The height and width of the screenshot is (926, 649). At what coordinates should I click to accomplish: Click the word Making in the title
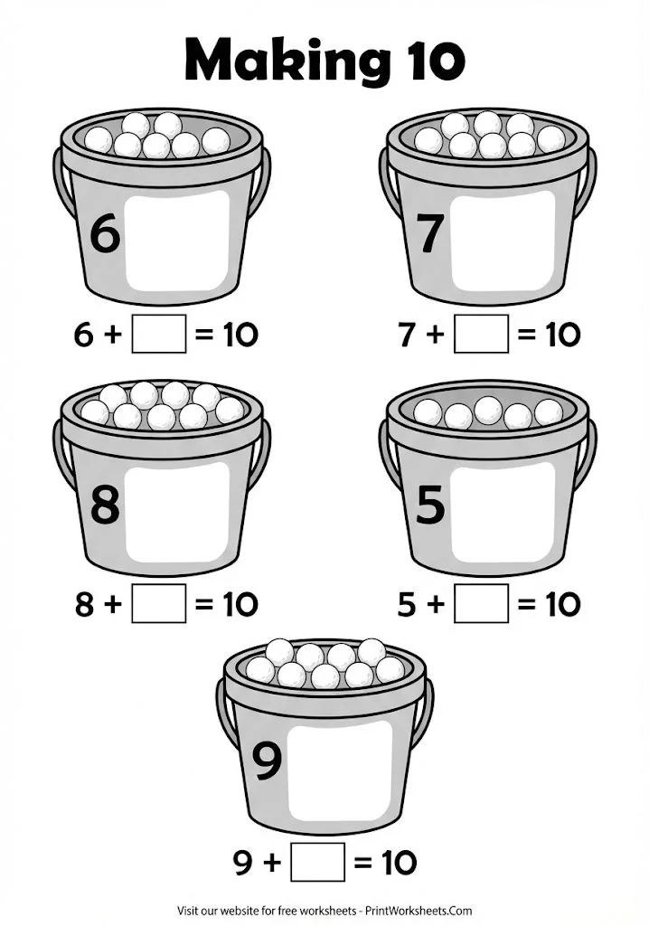pyautogui.click(x=271, y=59)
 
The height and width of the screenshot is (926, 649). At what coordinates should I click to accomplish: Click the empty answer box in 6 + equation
pyautogui.click(x=159, y=335)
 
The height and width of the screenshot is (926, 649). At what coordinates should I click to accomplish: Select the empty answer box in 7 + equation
pyautogui.click(x=481, y=335)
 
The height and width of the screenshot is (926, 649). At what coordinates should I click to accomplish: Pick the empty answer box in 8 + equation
pyautogui.click(x=159, y=603)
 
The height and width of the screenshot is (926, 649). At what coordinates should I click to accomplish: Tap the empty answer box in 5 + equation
pyautogui.click(x=481, y=603)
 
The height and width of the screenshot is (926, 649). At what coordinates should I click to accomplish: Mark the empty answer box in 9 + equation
pyautogui.click(x=318, y=862)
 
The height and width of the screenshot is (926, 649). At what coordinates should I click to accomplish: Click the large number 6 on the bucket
pyautogui.click(x=104, y=235)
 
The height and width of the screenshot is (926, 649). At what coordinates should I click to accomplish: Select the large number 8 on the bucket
pyautogui.click(x=105, y=505)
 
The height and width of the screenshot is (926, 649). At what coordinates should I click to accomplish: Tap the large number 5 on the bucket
pyautogui.click(x=430, y=505)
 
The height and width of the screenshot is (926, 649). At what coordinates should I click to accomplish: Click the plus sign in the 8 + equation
pyautogui.click(x=112, y=604)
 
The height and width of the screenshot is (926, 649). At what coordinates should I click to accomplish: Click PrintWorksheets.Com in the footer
pyautogui.click(x=421, y=911)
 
